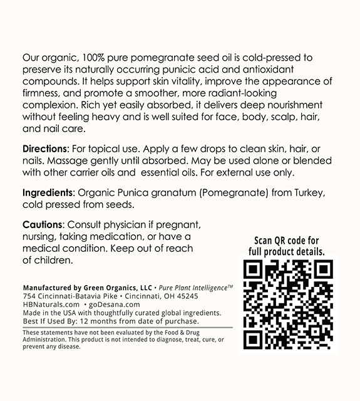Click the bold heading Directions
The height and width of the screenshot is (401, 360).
tap(44, 150)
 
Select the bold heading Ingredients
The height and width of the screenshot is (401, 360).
tap(48, 192)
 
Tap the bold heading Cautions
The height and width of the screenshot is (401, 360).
tap(42, 224)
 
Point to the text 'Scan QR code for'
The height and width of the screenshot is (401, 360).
tap(287, 241)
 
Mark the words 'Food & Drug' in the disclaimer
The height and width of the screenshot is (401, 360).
tap(190, 332)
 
